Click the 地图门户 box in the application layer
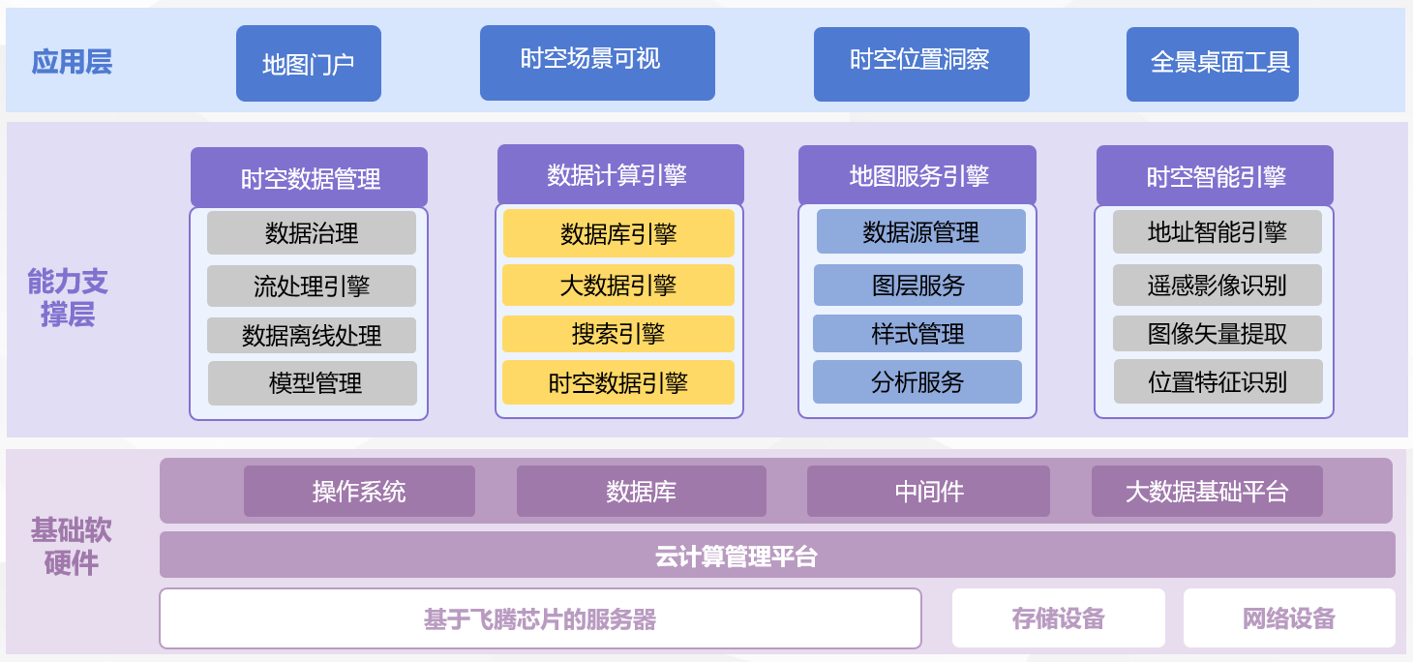[309, 63]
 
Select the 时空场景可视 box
[597, 63]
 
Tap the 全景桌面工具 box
[1213, 64]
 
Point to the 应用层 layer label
[72, 63]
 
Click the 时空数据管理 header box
[309, 177]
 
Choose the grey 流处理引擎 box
[312, 286]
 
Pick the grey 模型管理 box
[313, 383]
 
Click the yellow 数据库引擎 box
[618, 233]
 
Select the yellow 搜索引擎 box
[618, 334]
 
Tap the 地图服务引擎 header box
[917, 175]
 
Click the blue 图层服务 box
[918, 285]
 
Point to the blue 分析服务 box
[917, 381]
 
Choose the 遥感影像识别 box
[1218, 286]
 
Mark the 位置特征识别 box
[1218, 381]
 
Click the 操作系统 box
[360, 491]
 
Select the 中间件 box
[928, 491]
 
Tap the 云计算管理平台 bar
[777, 555]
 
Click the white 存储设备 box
[1059, 617]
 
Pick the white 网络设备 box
[1289, 617]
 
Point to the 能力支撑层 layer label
[68, 297]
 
